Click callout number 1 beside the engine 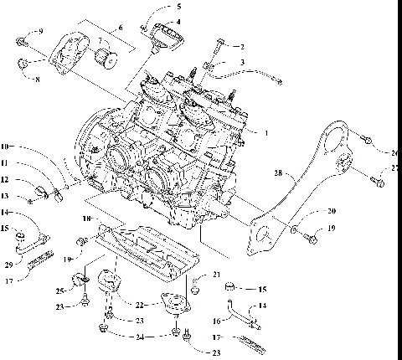266,133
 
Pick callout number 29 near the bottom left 10,265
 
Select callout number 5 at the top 178,7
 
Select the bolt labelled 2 222,44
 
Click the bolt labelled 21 195,289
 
